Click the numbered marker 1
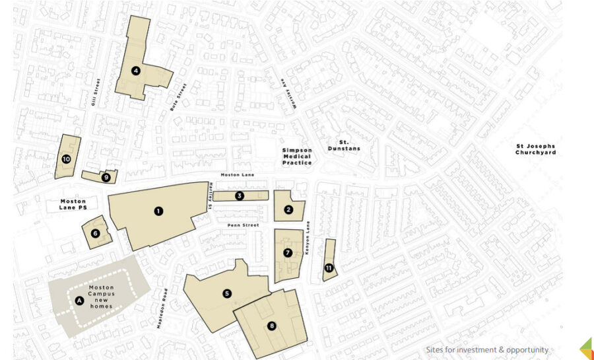coord(158,211)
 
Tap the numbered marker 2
coord(288,210)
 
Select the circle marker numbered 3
coord(240,196)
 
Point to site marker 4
coord(135,71)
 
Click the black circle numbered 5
coord(227,293)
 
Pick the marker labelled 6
coord(96,233)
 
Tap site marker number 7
coord(288,253)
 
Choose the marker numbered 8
coord(271,325)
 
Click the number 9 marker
coord(106,177)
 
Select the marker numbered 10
coord(66,159)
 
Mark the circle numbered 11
coord(328,268)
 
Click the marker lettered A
coord(80,301)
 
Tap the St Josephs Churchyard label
coord(535,149)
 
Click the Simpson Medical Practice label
coord(296,157)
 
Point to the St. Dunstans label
coord(345,145)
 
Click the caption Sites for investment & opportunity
coord(487,349)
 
